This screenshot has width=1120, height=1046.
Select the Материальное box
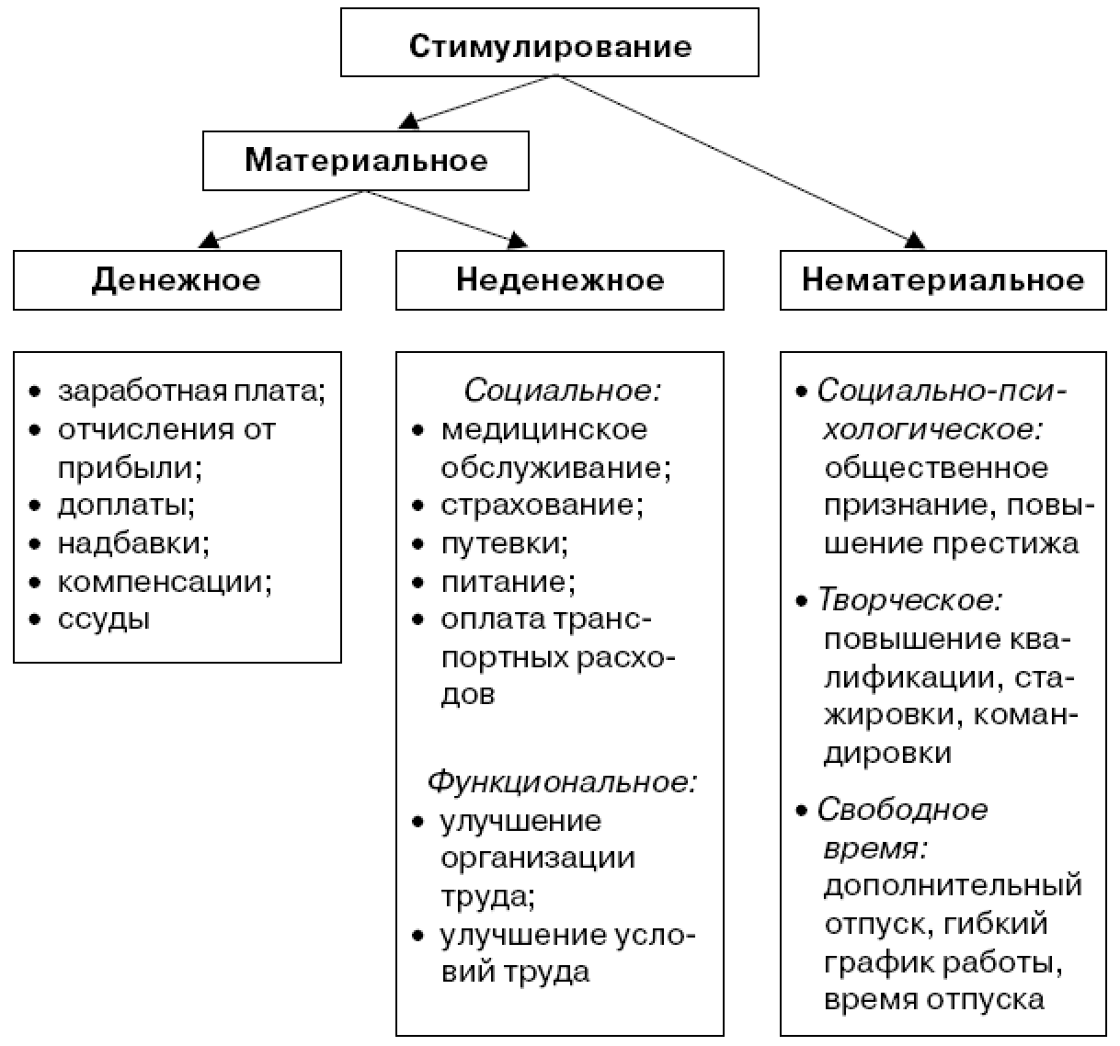click(366, 161)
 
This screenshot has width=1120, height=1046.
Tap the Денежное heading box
click(177, 279)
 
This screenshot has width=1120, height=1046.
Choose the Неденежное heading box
click(559, 279)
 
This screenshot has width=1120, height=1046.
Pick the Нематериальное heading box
click(943, 279)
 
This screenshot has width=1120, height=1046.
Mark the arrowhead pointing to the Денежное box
click(210, 240)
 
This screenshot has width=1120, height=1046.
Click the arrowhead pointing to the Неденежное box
click(518, 241)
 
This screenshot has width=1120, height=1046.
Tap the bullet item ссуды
click(104, 619)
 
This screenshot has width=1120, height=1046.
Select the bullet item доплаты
click(126, 505)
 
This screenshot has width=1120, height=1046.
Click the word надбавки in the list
click(133, 543)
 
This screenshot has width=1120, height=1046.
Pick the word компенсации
click(165, 581)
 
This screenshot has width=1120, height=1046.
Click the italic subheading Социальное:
click(562, 391)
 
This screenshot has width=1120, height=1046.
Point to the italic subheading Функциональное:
click(562, 781)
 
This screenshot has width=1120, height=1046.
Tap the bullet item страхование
click(542, 505)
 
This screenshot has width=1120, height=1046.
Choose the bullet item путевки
click(504, 543)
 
